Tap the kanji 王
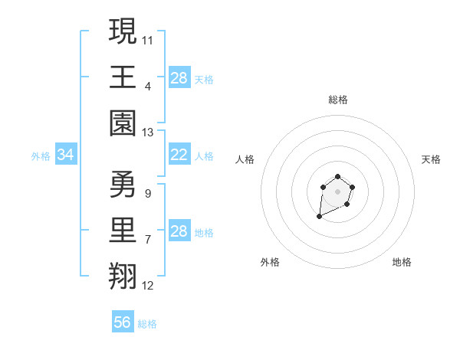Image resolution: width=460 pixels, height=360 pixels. point(123,77)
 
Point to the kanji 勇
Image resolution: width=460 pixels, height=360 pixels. point(123,185)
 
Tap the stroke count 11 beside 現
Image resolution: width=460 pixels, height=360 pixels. point(148,38)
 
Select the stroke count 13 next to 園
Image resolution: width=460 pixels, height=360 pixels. point(148,133)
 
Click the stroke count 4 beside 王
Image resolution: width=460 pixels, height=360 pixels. point(148,86)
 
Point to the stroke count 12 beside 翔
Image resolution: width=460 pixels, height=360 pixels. point(148,286)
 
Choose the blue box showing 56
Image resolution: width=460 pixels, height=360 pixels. point(123,322)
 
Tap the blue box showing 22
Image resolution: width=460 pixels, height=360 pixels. point(179,155)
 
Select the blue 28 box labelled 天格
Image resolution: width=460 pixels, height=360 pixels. point(179,78)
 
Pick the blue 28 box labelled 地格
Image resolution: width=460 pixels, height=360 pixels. point(179,232)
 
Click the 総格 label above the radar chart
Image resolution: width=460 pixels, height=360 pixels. point(337,100)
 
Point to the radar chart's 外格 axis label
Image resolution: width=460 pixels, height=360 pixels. point(270,262)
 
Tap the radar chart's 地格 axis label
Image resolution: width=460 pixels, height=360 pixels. point(402,262)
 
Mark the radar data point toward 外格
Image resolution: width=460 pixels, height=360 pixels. point(320,217)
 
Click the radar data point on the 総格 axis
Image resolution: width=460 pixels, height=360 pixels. point(337,178)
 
